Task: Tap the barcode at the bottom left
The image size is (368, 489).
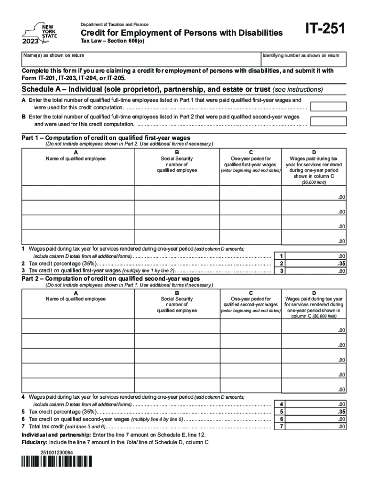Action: pos(57,461)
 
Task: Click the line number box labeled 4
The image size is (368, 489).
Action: pos(282,404)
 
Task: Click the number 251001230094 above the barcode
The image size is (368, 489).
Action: pos(57,451)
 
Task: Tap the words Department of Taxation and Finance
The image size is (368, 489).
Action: pos(114,24)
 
